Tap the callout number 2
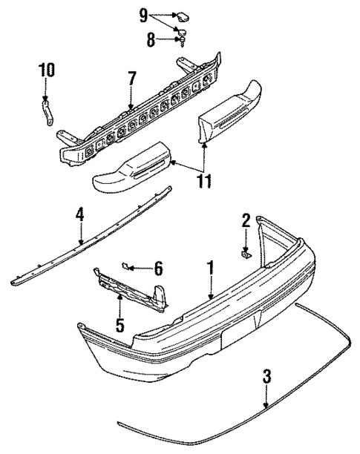tap(246, 220)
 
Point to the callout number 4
tap(80, 214)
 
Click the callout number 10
tap(47, 70)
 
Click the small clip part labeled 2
tap(246, 255)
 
